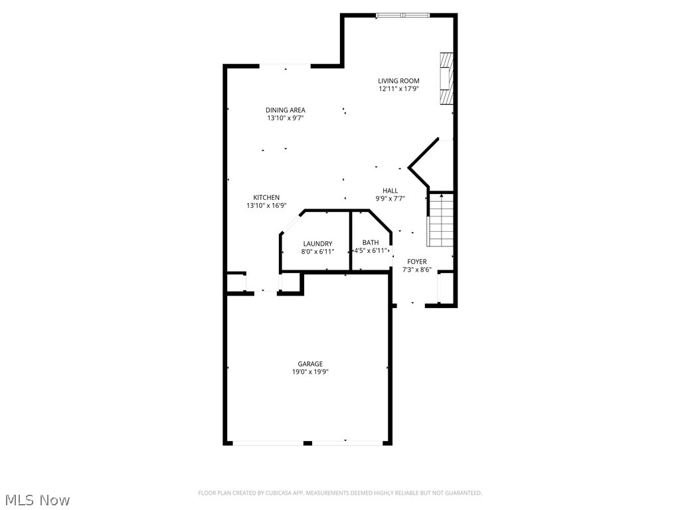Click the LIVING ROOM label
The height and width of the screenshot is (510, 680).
pos(398,81)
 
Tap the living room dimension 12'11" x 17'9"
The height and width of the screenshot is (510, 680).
pos(398,89)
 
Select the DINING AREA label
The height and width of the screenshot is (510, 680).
pos(286,110)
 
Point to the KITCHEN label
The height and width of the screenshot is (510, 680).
pos(266,197)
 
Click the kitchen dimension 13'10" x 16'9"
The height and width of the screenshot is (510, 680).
pos(266,206)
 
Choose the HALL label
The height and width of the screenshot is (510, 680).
pos(390,191)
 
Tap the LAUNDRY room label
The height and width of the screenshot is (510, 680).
pos(317,244)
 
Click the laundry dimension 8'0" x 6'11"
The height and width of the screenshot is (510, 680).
pos(317,252)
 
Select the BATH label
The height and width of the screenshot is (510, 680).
pos(371,242)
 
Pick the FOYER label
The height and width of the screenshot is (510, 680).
pos(417,262)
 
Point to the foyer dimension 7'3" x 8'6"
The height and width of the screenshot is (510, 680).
pos(417,270)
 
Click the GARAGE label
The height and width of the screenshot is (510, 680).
pos(310,364)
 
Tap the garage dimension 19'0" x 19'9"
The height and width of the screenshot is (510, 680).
pos(310,372)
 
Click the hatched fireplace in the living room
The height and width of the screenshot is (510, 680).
pos(447,78)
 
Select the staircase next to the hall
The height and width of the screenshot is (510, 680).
pos(440,219)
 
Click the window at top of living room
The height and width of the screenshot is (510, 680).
pos(402,15)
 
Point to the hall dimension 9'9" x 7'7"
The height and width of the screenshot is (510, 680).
pos(390,199)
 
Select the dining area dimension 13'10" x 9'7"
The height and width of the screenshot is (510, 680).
pos(286,118)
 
